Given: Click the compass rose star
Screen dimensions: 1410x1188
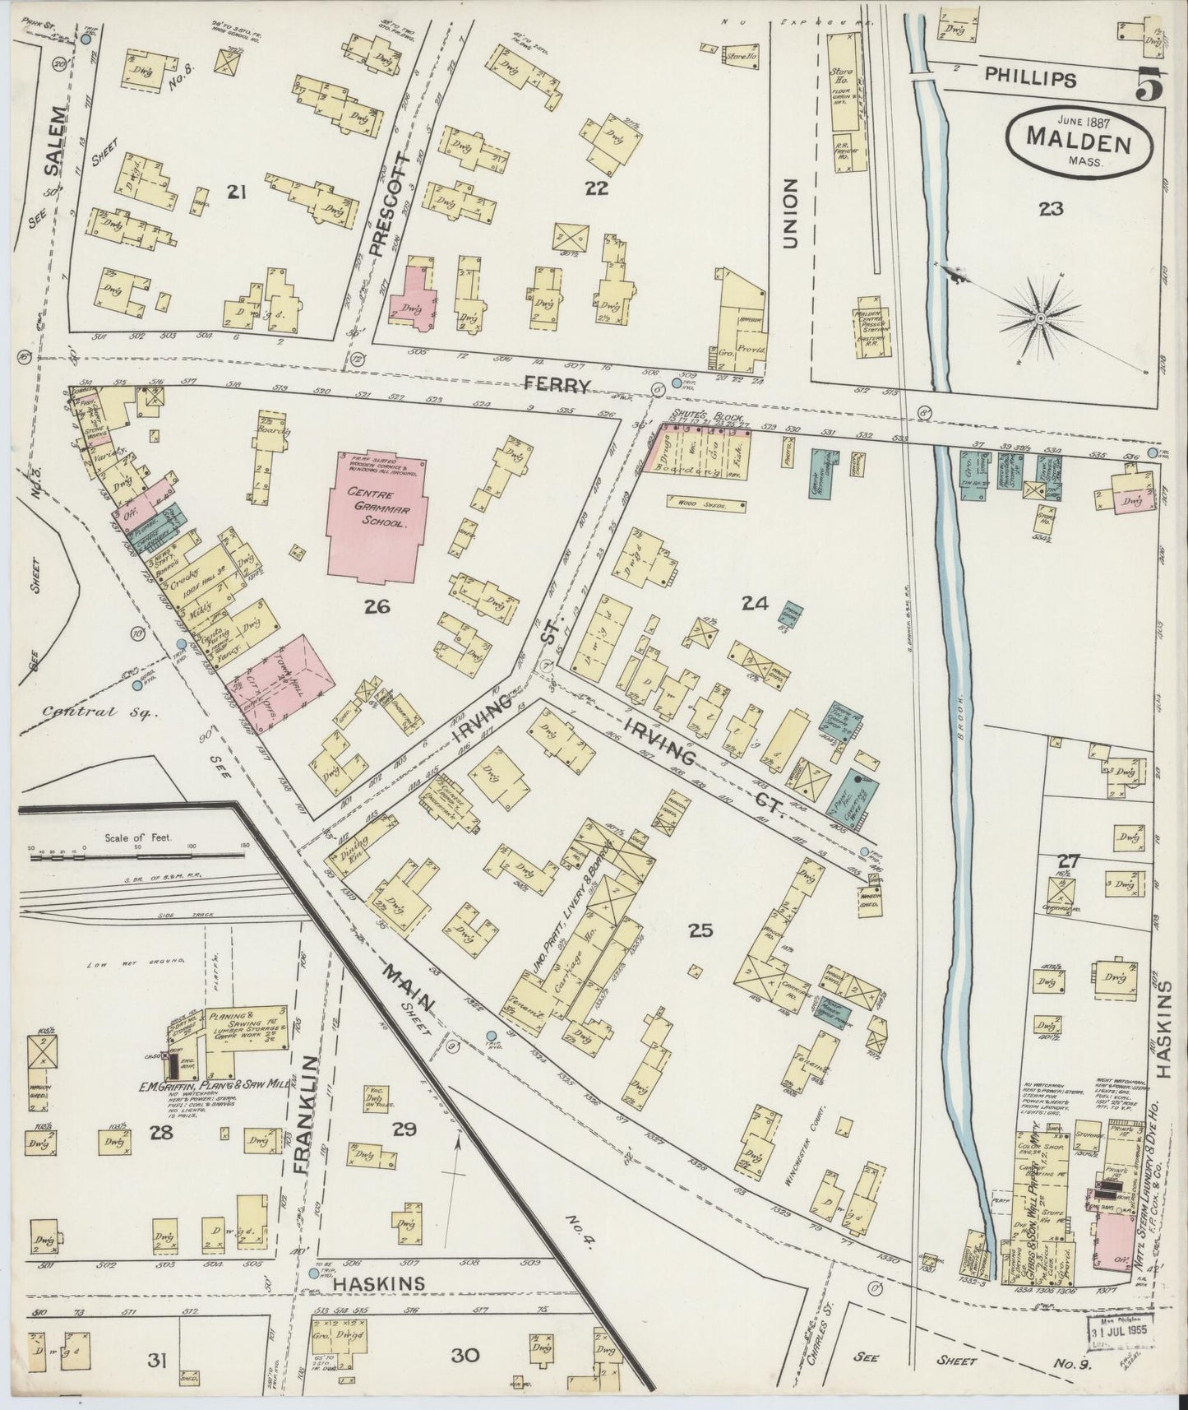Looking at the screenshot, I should pyautogui.click(x=1040, y=318).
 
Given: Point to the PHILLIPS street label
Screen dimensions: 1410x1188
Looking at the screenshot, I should pyautogui.click(x=1031, y=80).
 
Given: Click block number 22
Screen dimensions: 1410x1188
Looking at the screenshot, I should pyautogui.click(x=596, y=188).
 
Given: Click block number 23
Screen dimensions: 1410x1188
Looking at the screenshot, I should pyautogui.click(x=1050, y=209).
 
